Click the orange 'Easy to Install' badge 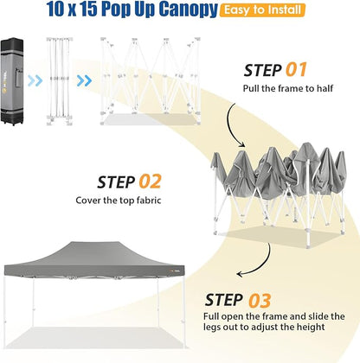pos(262,10)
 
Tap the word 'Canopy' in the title pos(188,10)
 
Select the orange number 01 pos(296,70)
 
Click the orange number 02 pos(150,181)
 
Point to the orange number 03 pos(260,301)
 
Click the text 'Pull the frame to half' pos(288,88)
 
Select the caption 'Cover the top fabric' pos(119,201)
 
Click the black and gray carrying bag pos(12,81)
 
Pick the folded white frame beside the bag pos(59,81)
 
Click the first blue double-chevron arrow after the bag pos(35,81)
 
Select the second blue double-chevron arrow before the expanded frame pos(84,81)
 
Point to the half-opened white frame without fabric pos(150,81)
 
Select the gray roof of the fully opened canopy pos(94,258)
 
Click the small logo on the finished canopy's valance pos(175,271)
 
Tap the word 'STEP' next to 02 pos(116,182)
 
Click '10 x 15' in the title pos(72,9)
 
